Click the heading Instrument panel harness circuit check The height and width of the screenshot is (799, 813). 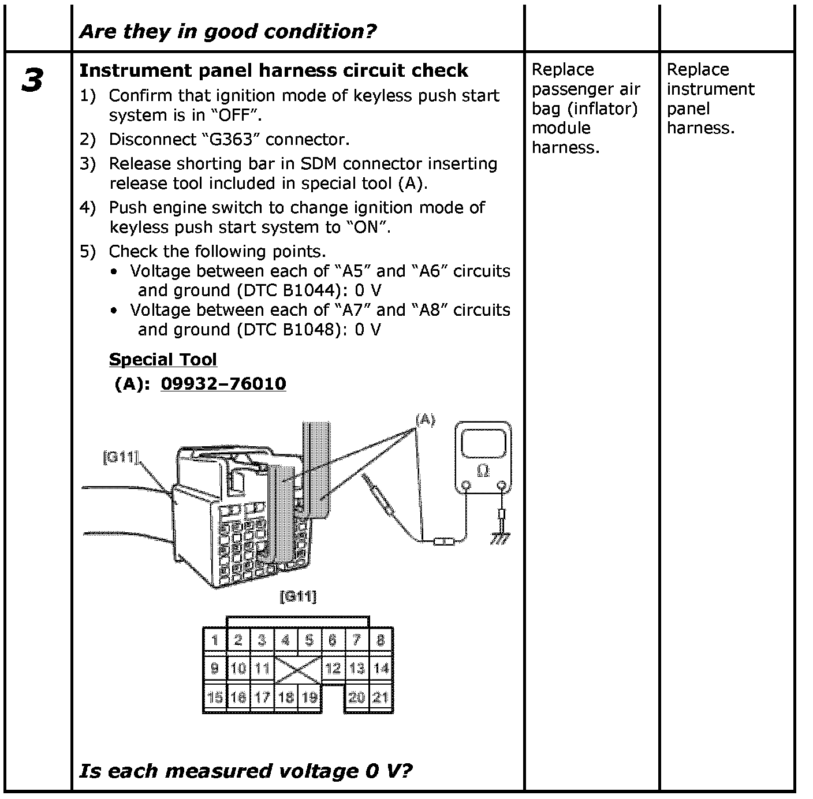273,70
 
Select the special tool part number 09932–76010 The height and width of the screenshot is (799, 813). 223,384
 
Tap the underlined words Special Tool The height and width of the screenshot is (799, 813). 163,360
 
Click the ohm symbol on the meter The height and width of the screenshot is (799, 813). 483,472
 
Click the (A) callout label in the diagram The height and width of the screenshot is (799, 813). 425,420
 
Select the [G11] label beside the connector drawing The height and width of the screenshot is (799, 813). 120,457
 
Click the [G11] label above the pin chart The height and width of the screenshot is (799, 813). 298,596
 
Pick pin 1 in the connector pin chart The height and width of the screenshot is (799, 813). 215,640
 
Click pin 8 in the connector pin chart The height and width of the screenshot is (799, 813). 381,640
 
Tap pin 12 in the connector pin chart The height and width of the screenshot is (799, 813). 333,669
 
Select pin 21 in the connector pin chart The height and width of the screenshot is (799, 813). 381,697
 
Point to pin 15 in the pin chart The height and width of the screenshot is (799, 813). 215,697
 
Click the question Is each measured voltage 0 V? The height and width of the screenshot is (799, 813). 246,771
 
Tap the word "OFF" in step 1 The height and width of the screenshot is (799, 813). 238,115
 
